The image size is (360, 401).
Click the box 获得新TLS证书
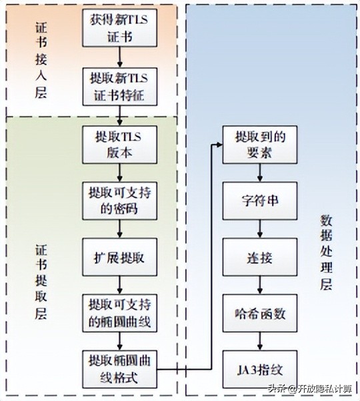(x=121, y=27)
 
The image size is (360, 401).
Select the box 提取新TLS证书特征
(x=121, y=87)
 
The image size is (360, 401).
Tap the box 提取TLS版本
(x=121, y=143)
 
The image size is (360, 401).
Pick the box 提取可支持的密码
(x=121, y=200)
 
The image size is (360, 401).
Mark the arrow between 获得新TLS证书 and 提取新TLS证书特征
(x=121, y=57)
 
